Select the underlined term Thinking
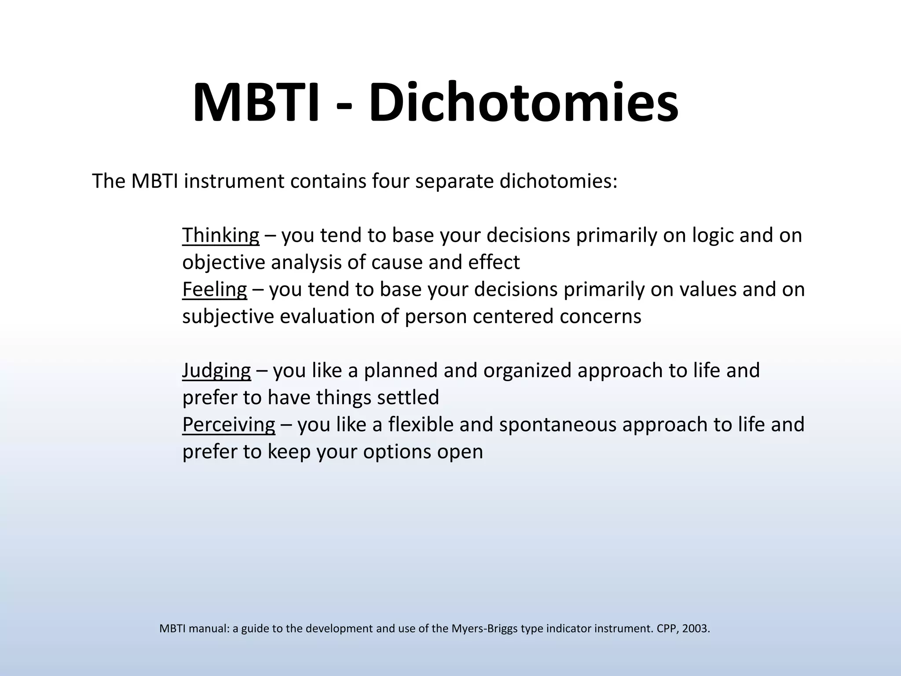tap(220, 235)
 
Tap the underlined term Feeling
tap(214, 290)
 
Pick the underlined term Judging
tap(216, 371)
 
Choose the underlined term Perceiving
tap(228, 425)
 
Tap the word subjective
tap(228, 317)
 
